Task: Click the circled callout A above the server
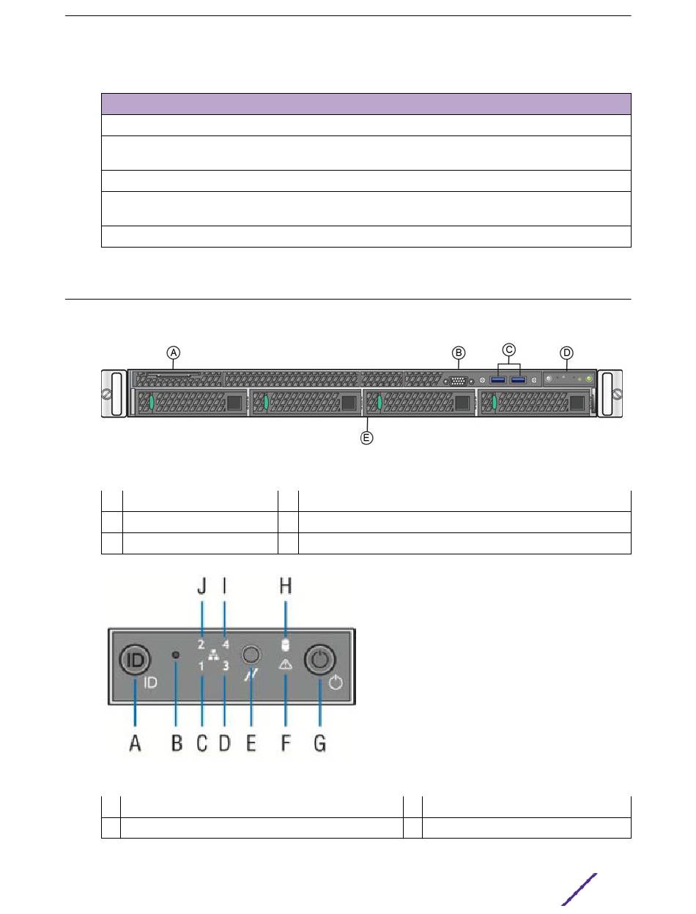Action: [174, 353]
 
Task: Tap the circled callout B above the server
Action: [458, 353]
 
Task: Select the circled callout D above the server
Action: [566, 353]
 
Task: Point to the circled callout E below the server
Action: [366, 438]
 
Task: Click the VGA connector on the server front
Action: [458, 381]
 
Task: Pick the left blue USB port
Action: [498, 380]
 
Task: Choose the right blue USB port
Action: [518, 380]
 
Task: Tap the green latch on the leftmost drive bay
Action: [152, 402]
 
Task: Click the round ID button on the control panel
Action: [135, 660]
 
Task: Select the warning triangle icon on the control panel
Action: [285, 664]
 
